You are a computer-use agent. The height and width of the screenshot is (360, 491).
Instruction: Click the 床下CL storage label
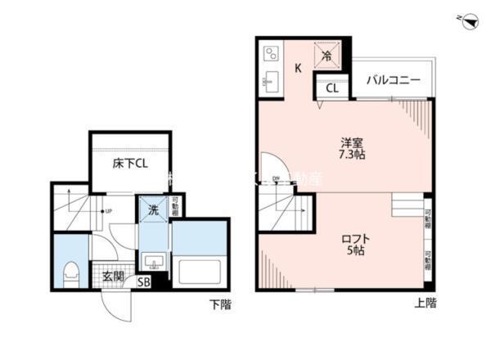[x=130, y=163]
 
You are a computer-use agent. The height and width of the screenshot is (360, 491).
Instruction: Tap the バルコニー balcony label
[x=393, y=81]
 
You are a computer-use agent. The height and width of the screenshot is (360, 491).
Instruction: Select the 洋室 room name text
[x=352, y=140]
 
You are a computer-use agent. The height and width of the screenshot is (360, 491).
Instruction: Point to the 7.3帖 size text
[x=352, y=154]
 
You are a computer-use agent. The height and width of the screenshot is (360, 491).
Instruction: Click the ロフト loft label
[x=354, y=238]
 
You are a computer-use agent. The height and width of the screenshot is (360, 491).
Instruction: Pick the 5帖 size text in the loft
[x=354, y=251]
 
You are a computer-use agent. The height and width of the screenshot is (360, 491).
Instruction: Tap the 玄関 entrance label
[x=113, y=277]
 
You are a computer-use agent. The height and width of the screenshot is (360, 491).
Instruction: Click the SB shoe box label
[x=143, y=283]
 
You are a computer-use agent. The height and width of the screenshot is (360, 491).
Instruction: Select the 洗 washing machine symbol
[x=152, y=210]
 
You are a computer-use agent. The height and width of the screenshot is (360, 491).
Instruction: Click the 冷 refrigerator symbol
[x=326, y=56]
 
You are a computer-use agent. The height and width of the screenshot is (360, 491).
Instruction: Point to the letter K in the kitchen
[x=298, y=69]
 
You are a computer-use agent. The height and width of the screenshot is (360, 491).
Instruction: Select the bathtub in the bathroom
[x=200, y=271]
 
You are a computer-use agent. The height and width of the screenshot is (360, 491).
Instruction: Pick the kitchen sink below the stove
[x=271, y=82]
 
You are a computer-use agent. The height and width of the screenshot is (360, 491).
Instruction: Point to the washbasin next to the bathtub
[x=153, y=261]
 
